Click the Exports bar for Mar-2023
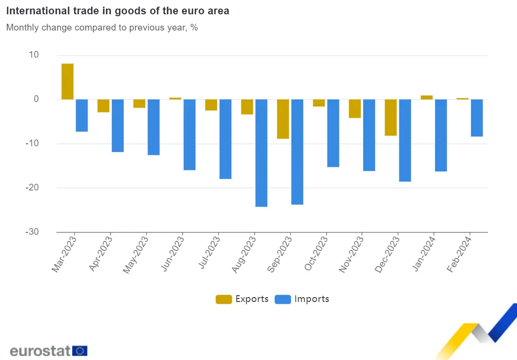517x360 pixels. click(x=68, y=81)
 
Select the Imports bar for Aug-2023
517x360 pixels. click(x=261, y=153)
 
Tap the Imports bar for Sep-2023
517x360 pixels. click(x=297, y=152)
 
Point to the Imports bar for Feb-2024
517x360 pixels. click(x=477, y=118)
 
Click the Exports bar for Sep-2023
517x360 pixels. click(x=283, y=119)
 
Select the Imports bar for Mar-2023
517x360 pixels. click(x=82, y=115)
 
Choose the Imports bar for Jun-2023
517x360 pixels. click(x=189, y=135)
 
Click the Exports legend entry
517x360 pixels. click(x=242, y=299)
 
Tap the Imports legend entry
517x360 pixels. click(x=303, y=299)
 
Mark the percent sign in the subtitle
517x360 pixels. click(x=194, y=27)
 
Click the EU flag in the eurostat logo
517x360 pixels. click(x=80, y=351)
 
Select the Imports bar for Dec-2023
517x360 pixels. click(x=405, y=140)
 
